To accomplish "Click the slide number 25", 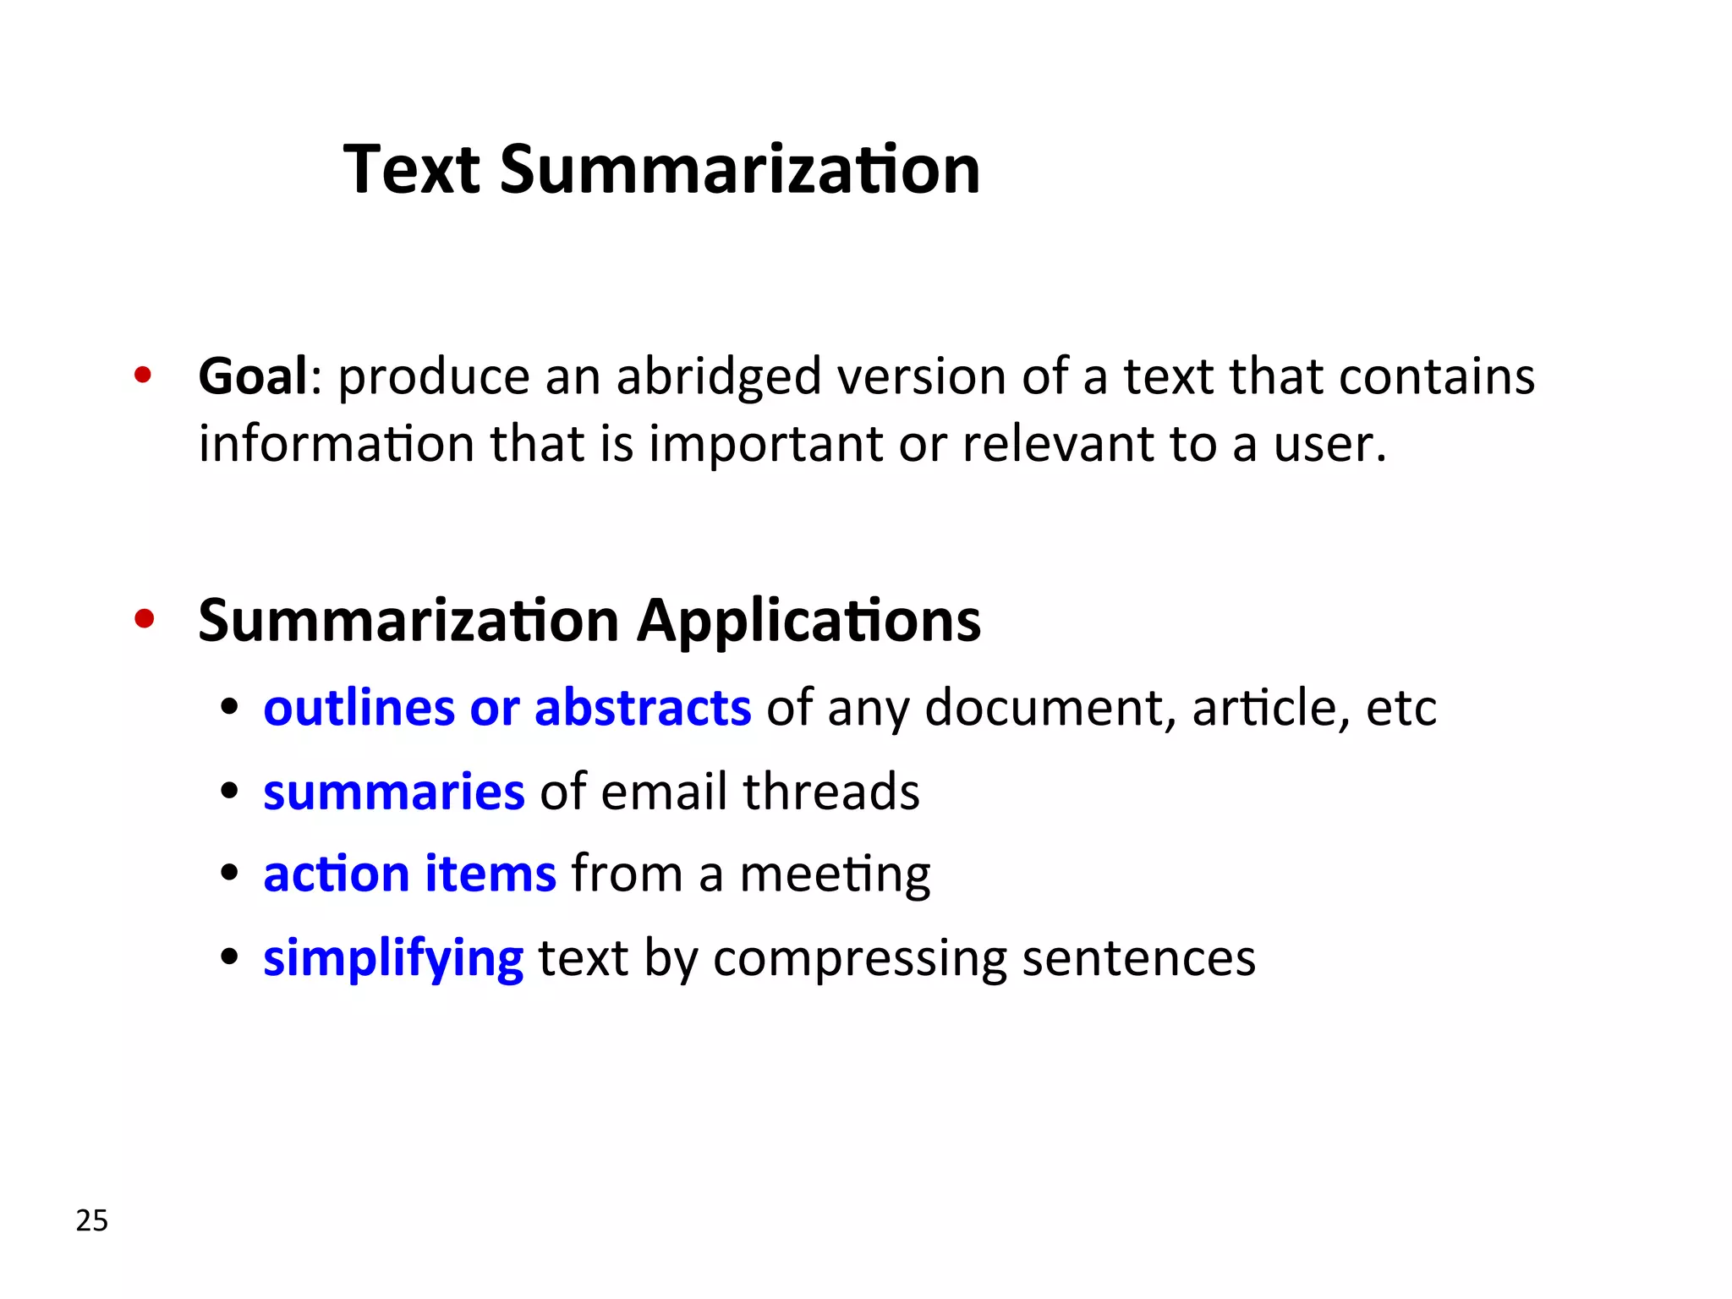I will tap(92, 1220).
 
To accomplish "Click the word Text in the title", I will tap(412, 169).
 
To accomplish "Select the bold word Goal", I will tap(253, 375).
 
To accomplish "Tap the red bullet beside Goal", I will tap(142, 375).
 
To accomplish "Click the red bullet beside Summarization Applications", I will tap(144, 619).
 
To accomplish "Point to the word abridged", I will tap(718, 377).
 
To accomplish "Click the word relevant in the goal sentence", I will tap(1057, 443).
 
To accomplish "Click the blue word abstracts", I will tap(643, 707).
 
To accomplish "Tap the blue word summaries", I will tap(394, 792).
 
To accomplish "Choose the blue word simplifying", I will tap(393, 959).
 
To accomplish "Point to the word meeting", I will tap(835, 874).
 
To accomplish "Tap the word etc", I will tap(1400, 707).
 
